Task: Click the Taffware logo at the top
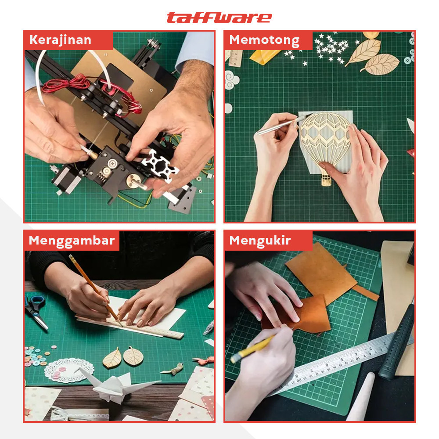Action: [x=219, y=17]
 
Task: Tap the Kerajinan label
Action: [x=60, y=40]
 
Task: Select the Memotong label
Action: [x=264, y=40]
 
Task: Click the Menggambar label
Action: [x=72, y=241]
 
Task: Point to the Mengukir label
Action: [x=260, y=241]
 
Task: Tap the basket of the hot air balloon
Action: [x=326, y=179]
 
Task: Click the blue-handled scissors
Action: [x=35, y=309]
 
